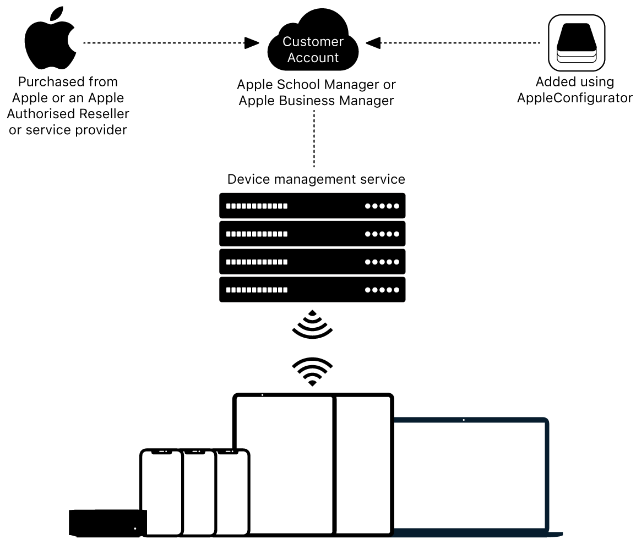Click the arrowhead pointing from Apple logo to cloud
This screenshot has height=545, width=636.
[252, 42]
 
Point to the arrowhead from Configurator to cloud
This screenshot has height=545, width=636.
[373, 42]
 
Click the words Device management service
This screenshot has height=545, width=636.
[316, 179]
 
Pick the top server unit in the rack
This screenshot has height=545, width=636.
[312, 206]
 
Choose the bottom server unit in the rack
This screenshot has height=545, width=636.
[312, 290]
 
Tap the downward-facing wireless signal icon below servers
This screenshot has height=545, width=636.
[312, 324]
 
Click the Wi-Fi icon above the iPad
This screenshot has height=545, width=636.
[312, 372]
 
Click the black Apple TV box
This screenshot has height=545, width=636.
[107, 522]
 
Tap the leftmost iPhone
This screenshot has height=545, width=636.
[161, 492]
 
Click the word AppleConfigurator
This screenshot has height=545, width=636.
[575, 98]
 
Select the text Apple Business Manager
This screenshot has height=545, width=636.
[316, 101]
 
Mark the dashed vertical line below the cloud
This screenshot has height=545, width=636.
[314, 137]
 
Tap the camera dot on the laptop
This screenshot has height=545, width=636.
[464, 420]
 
